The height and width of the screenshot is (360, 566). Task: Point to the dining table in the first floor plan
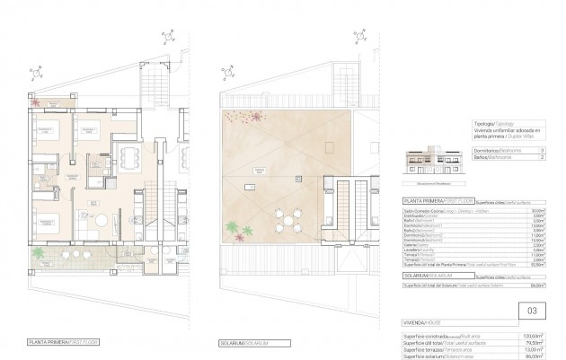tap(131, 163)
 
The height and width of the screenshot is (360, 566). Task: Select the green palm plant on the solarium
tap(234, 231)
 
